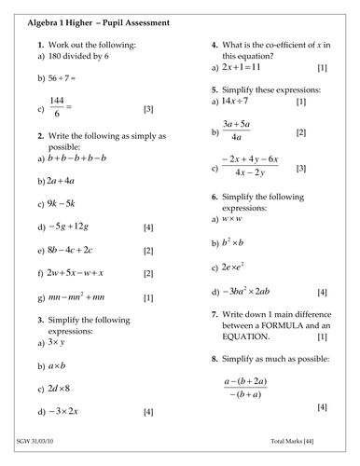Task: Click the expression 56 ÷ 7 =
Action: point(66,79)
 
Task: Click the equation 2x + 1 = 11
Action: point(245,68)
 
